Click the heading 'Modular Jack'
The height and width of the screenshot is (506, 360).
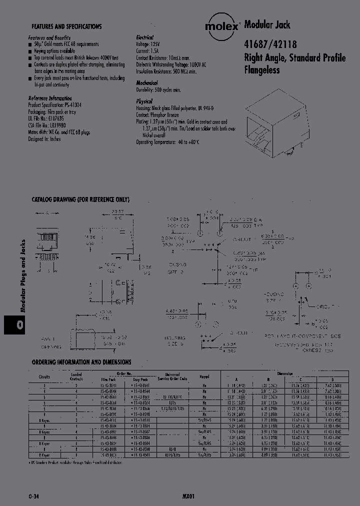pyautogui.click(x=267, y=24)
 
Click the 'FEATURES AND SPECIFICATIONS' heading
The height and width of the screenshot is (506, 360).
pyautogui.click(x=66, y=26)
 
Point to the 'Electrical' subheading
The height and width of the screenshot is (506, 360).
pyautogui.click(x=144, y=37)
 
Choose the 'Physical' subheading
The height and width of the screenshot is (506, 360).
pyautogui.click(x=143, y=101)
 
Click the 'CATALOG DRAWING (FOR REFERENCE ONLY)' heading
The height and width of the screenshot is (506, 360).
pyautogui.click(x=80, y=199)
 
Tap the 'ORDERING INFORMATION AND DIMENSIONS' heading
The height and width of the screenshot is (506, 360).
pyautogui.click(x=81, y=361)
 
